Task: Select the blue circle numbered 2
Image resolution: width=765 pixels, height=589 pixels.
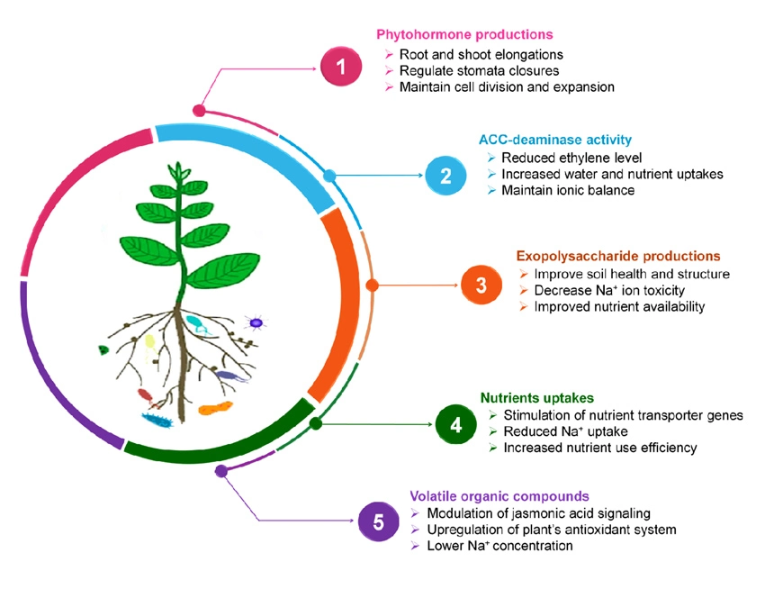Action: coord(445,175)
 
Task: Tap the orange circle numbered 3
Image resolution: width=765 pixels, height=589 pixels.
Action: coord(481,285)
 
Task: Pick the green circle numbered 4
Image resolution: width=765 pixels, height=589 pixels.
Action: coord(455,423)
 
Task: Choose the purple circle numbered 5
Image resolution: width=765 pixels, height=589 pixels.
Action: coord(378,521)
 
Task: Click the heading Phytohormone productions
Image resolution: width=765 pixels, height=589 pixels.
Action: coord(463,35)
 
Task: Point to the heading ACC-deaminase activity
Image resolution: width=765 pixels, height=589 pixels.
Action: coord(554,140)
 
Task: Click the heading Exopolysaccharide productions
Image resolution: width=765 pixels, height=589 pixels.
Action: coord(618,256)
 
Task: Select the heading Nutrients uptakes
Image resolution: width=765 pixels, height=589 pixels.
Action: coord(536,396)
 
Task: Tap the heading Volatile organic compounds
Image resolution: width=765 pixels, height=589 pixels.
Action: coord(499,495)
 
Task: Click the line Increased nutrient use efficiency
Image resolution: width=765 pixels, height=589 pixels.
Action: coord(599,448)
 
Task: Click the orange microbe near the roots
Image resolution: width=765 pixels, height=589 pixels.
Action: coord(216,409)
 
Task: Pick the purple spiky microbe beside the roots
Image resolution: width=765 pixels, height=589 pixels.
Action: coord(256,322)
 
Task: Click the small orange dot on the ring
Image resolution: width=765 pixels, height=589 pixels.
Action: coord(372,285)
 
